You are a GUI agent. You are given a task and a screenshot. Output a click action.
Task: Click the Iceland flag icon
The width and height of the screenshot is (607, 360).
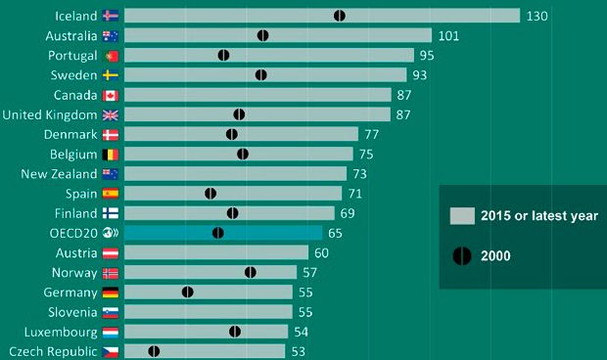click(110, 16)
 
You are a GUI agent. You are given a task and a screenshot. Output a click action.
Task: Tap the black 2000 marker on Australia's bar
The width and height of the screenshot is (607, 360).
click(263, 35)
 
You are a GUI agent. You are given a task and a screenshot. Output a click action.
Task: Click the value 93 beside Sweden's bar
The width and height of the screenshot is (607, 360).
click(419, 75)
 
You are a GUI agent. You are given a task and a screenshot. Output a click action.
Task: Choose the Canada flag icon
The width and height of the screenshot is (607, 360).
click(110, 95)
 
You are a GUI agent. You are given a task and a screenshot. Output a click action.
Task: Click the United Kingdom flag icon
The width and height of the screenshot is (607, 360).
click(110, 114)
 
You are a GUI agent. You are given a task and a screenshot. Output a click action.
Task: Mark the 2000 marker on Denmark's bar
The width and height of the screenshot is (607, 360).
click(232, 134)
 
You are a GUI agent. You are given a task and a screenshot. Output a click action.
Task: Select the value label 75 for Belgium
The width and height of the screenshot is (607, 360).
click(366, 155)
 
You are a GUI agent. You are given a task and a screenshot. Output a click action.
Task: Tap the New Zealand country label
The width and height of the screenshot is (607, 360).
click(59, 174)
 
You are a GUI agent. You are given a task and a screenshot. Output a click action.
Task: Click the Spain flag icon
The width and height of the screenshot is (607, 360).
click(110, 194)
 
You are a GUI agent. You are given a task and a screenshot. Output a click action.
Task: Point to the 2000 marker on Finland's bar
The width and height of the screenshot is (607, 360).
click(232, 213)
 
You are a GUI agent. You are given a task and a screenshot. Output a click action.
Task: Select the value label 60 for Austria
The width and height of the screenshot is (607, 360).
click(321, 253)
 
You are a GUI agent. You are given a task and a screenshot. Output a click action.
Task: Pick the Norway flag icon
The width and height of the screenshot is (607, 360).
click(110, 273)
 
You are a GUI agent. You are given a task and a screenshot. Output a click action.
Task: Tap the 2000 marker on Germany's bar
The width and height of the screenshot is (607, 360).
click(188, 292)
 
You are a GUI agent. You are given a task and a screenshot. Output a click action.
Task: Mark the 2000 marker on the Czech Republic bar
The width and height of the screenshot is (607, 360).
click(154, 351)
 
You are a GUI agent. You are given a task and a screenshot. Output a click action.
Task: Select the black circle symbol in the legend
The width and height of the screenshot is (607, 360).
click(461, 255)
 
